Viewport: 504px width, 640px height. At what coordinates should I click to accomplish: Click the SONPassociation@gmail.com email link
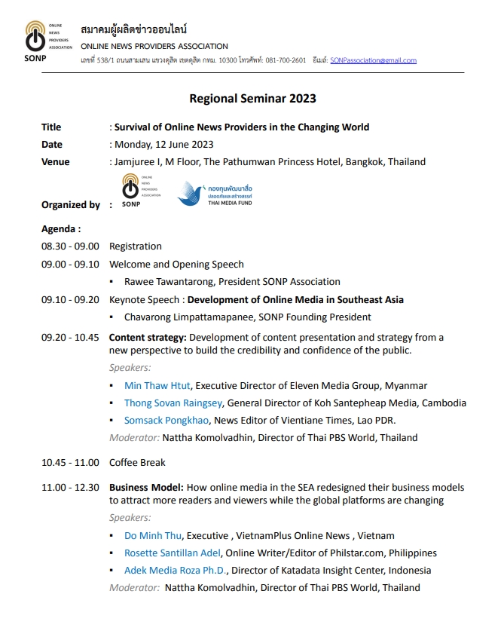click(373, 60)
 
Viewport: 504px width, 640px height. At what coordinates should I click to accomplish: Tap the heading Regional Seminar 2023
click(252, 99)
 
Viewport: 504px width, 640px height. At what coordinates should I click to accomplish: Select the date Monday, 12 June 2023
click(163, 145)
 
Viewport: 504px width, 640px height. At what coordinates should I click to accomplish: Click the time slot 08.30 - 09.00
click(70, 247)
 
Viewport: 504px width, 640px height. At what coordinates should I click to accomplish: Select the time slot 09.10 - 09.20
click(70, 300)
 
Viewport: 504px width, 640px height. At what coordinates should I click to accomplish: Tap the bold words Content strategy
click(148, 337)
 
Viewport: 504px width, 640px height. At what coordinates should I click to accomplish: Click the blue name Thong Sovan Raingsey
click(173, 403)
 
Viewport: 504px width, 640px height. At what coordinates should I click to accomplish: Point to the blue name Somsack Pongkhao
click(166, 421)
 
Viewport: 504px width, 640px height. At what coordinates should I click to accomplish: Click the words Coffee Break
click(137, 462)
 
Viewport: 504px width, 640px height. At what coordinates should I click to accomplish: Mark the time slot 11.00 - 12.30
click(70, 488)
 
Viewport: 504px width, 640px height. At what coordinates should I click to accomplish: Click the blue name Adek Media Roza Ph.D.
click(174, 571)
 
